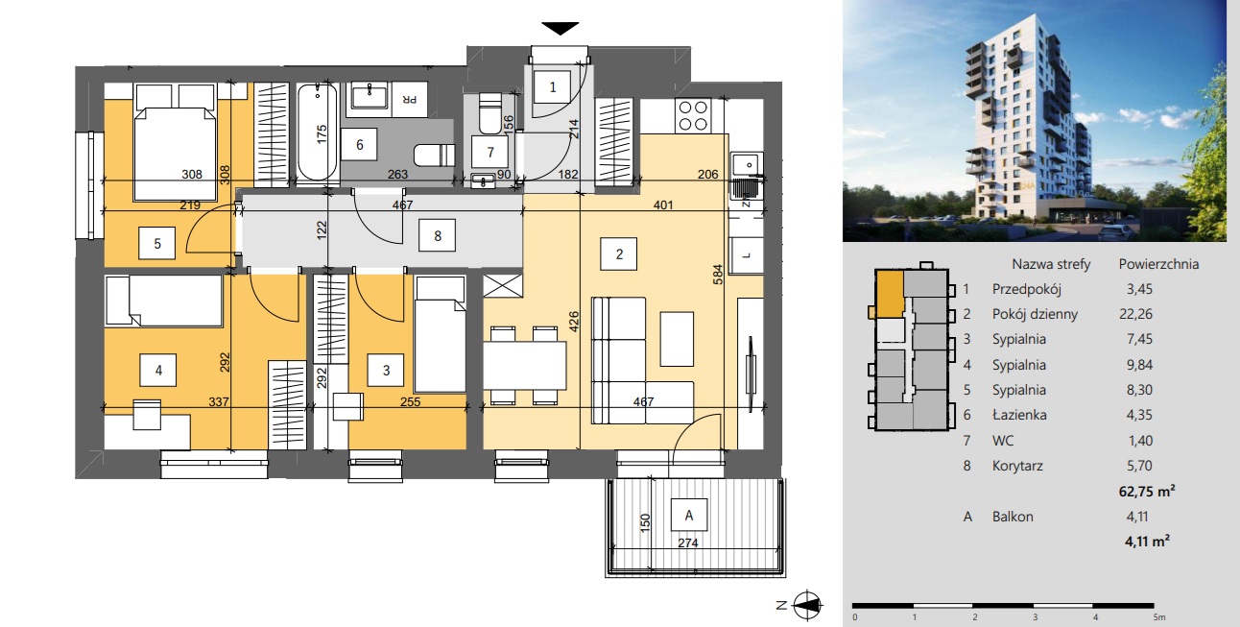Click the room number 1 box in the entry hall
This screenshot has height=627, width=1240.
tap(552, 87)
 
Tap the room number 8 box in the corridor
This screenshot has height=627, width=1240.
tap(438, 236)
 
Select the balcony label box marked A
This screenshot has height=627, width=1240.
tap(689, 516)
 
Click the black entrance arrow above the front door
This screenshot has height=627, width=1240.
tap(560, 28)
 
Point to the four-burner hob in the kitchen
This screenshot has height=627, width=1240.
tap(693, 116)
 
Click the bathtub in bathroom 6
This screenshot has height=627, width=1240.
tap(317, 132)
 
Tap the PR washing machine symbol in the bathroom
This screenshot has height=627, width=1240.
tap(409, 99)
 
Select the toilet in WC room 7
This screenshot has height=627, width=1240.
tap(489, 113)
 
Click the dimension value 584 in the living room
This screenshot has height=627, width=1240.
tap(718, 275)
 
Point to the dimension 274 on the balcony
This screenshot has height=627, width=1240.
tap(688, 543)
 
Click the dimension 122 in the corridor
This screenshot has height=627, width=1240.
tap(322, 229)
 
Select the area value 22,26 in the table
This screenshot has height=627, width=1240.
tap(1135, 314)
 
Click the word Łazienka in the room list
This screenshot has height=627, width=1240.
tap(1019, 415)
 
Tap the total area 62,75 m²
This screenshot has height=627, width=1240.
tap(1147, 492)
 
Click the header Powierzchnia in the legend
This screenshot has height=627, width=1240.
tap(1158, 264)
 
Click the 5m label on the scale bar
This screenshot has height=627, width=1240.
tap(1159, 617)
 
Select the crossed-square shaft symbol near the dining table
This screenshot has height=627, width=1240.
tap(503, 286)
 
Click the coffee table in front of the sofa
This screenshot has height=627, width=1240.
tap(677, 339)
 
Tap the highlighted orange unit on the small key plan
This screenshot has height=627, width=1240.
tap(889, 293)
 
